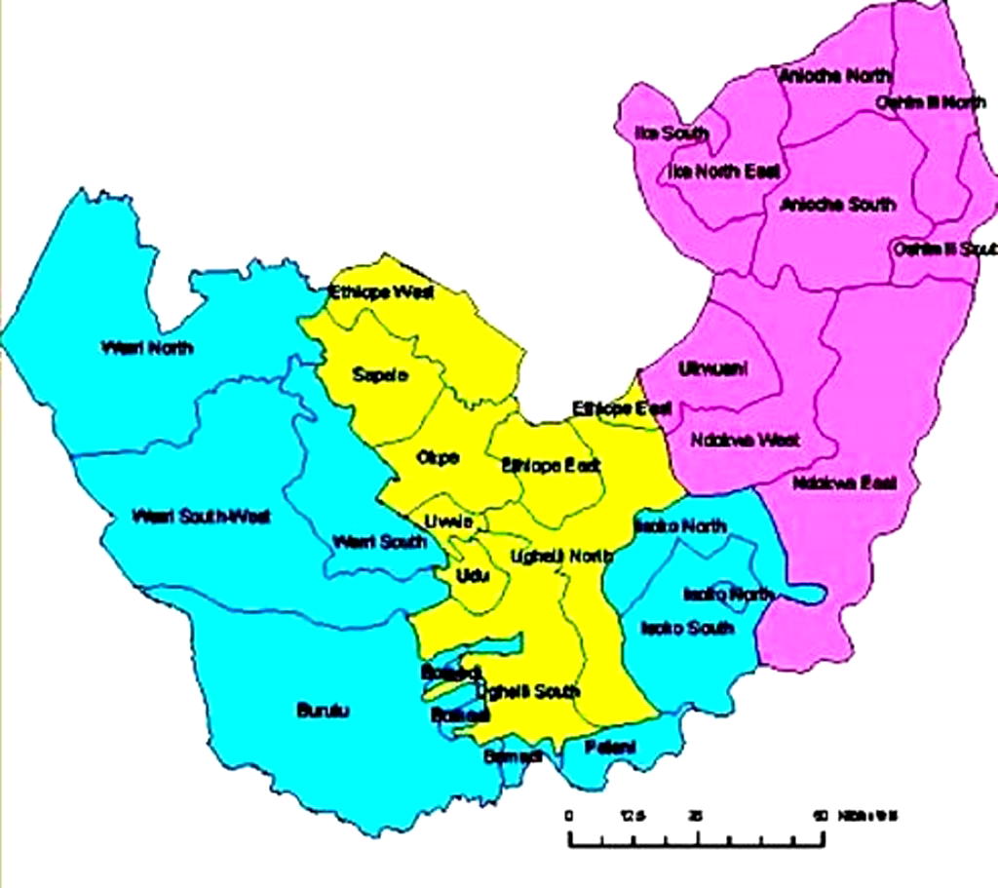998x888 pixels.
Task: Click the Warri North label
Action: click(147, 348)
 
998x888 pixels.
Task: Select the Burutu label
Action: click(323, 711)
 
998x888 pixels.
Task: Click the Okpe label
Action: click(438, 457)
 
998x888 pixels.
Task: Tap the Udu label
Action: click(472, 576)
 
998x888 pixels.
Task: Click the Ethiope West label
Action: click(381, 291)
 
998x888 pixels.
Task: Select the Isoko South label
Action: click(686, 628)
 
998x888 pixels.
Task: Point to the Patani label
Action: click(610, 747)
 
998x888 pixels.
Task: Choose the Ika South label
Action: click(672, 134)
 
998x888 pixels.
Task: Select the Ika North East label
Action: click(723, 172)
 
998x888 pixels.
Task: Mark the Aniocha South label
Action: click(837, 205)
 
